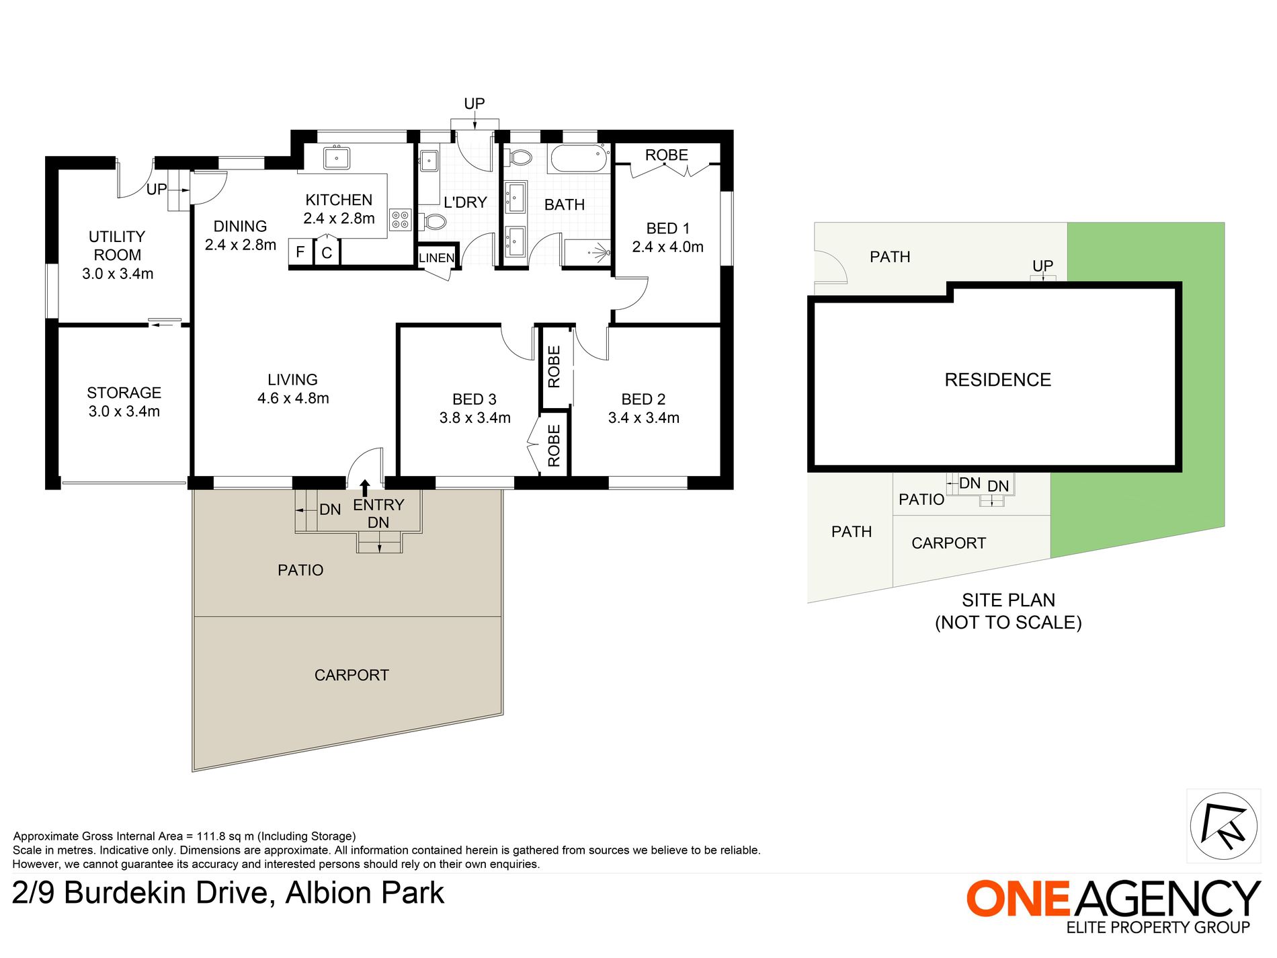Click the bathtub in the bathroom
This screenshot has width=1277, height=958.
click(579, 159)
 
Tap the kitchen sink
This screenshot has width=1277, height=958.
click(336, 158)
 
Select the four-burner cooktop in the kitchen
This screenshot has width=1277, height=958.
click(400, 220)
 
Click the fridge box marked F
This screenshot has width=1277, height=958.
click(300, 252)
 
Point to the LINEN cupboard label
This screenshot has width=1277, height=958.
click(436, 257)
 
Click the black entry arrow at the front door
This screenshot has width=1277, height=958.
click(365, 487)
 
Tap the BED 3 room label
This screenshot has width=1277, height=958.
click(475, 399)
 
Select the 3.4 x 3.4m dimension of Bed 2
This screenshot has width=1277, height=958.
click(643, 418)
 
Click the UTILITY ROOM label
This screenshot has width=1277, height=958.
click(117, 245)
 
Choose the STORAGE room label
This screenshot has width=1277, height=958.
click(124, 393)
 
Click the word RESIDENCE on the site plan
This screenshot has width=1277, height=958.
click(997, 380)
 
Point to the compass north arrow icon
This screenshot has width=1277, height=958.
click(1223, 826)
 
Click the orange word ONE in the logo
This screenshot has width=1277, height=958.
click(1018, 899)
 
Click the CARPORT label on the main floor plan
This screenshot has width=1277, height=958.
click(352, 675)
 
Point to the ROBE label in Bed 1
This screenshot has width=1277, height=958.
click(666, 155)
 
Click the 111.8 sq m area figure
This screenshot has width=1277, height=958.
click(224, 836)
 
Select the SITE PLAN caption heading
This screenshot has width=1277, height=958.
click(1008, 600)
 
